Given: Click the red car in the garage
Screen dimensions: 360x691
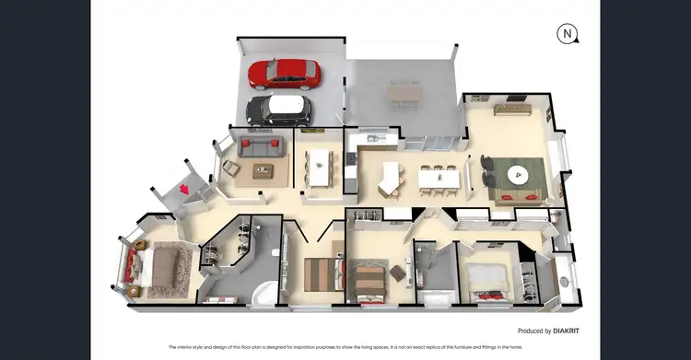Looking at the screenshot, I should tap(285, 74).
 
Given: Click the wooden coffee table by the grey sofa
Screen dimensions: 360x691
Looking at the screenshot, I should tap(265, 169).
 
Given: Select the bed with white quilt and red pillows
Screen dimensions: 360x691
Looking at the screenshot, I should tap(483, 278).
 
